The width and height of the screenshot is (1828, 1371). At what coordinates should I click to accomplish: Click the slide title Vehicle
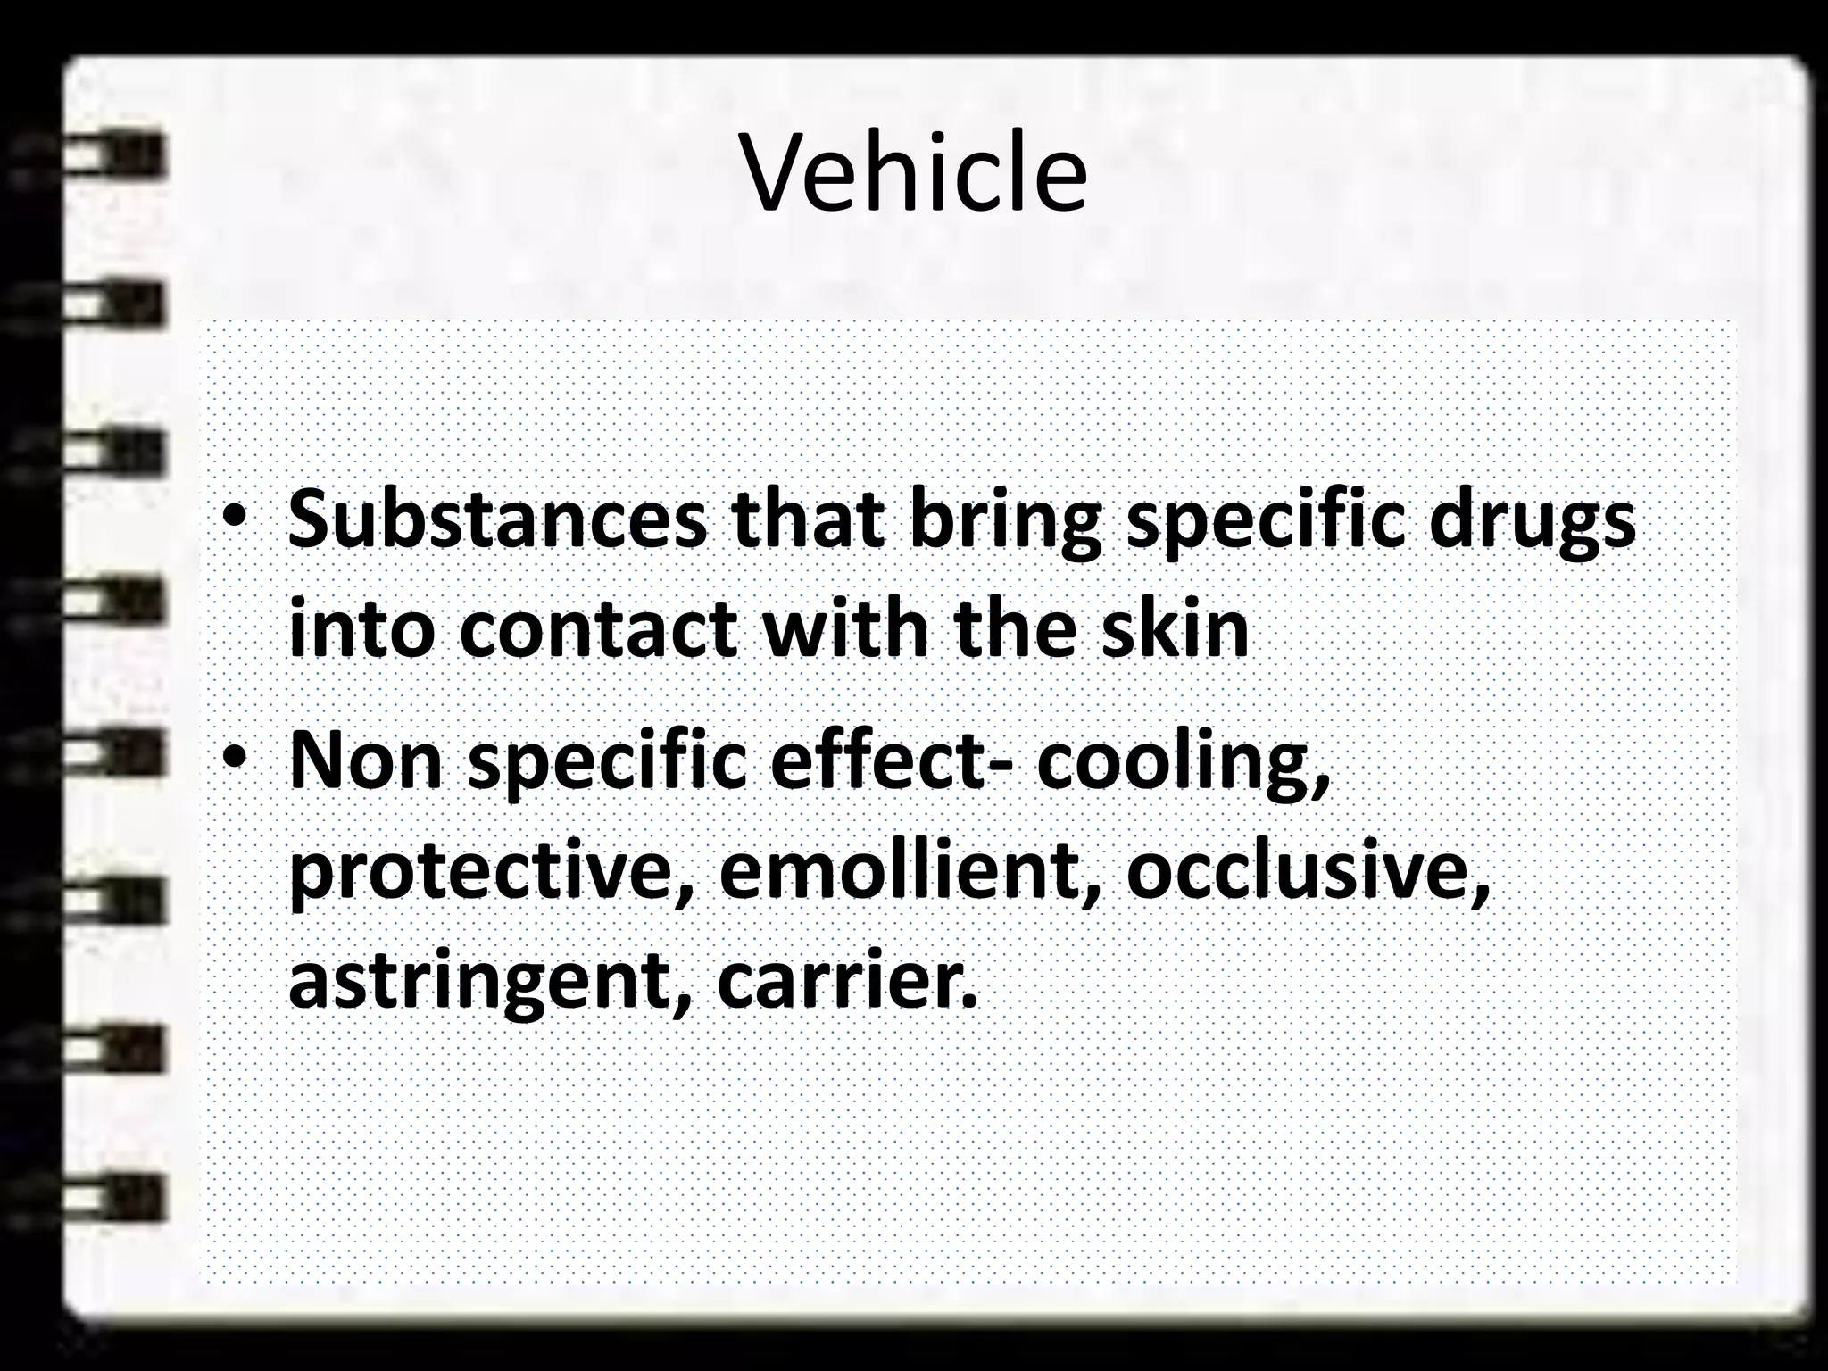(914, 173)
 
